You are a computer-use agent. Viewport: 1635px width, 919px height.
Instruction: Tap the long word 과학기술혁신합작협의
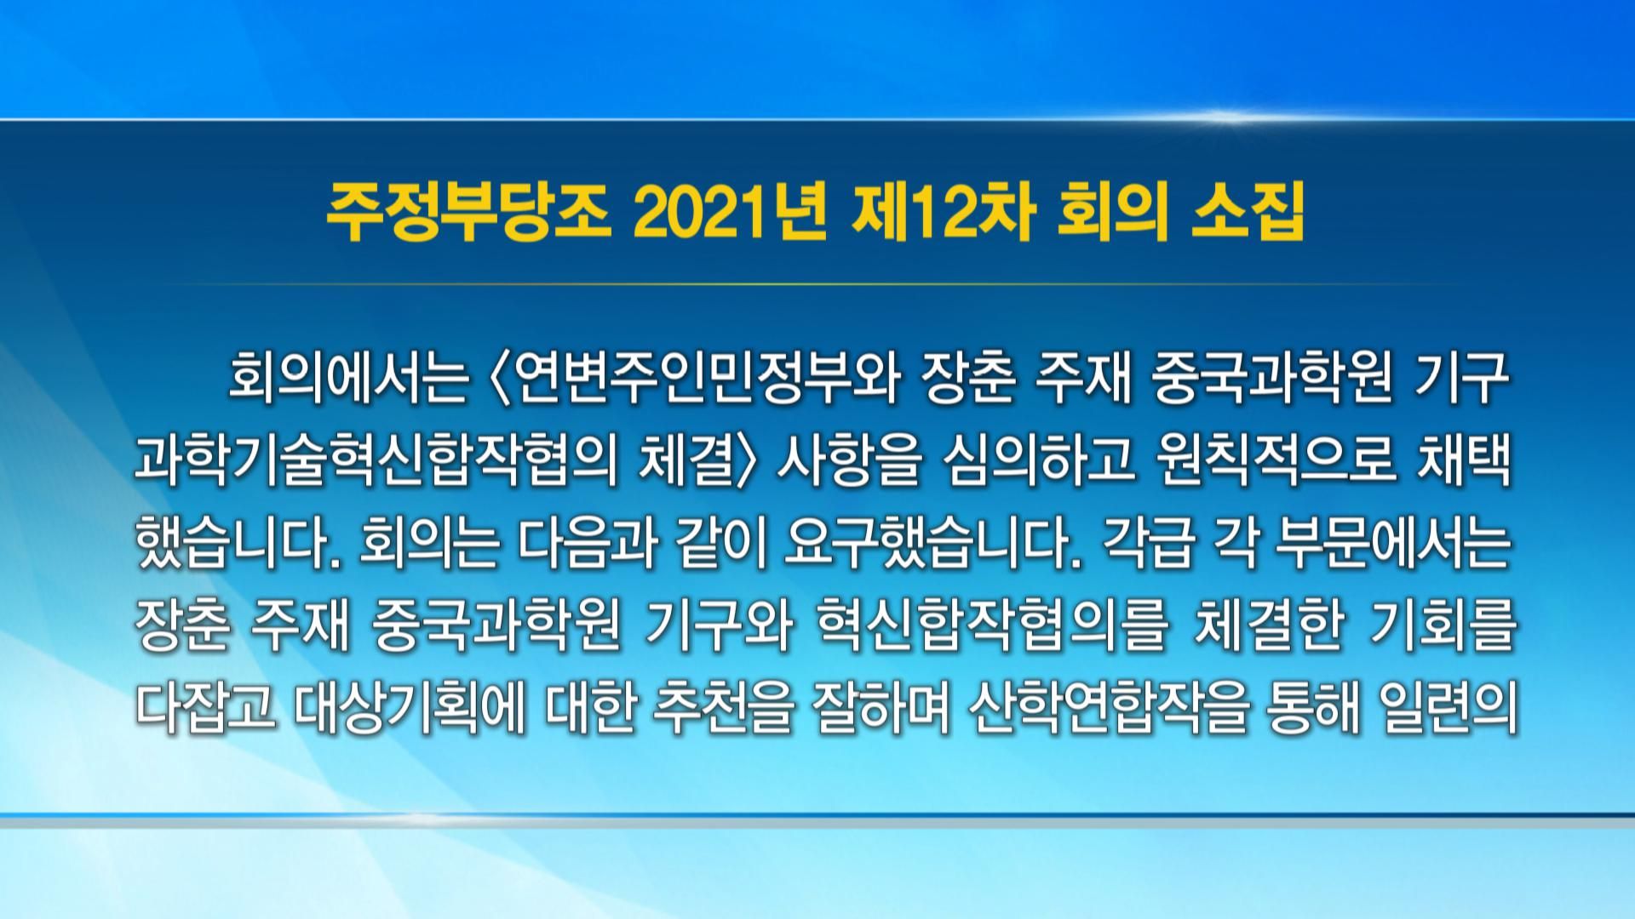pyautogui.click(x=376, y=464)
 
